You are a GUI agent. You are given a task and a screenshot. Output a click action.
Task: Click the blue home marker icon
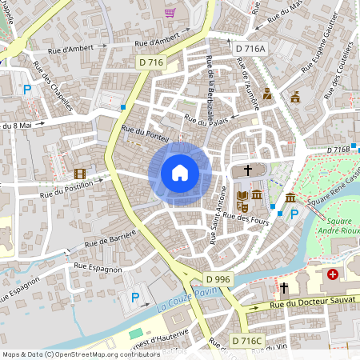point(179,173)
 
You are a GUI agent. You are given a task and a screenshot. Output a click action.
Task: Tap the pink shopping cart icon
point(170,12)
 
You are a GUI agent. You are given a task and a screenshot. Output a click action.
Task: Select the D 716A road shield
point(250,49)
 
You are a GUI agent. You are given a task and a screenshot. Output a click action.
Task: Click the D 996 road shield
point(218,278)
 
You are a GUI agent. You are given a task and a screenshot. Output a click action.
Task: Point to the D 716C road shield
point(247,341)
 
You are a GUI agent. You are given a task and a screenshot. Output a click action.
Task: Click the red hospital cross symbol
point(332,274)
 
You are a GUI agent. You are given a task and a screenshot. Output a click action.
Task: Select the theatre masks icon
point(243,207)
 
